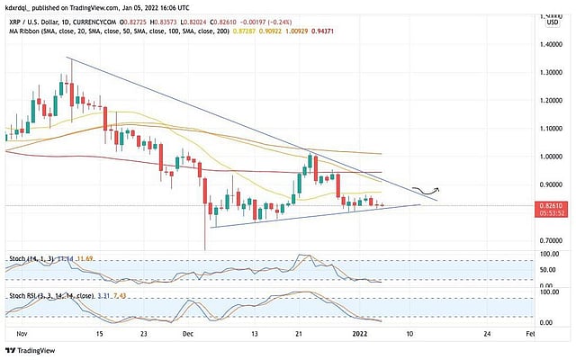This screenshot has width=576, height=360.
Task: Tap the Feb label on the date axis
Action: tap(531, 333)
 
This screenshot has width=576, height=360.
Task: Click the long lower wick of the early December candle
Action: tap(206, 236)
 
